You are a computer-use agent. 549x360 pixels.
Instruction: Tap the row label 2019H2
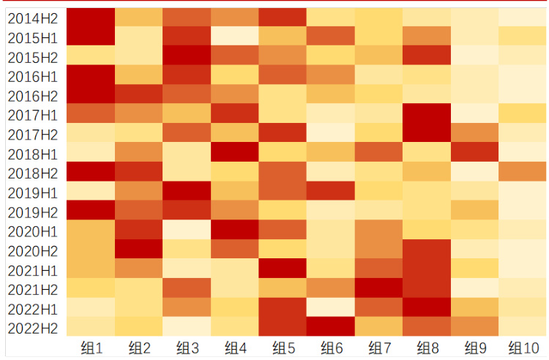tap(33, 211)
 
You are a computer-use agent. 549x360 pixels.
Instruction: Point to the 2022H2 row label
tap(33, 326)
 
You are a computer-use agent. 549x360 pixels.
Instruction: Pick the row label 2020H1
tap(33, 230)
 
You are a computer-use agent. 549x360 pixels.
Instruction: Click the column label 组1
tap(91, 347)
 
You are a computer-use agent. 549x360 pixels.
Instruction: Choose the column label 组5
tap(283, 347)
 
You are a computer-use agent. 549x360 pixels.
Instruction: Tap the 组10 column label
tap(522, 347)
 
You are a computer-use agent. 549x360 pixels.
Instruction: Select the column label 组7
tap(378, 347)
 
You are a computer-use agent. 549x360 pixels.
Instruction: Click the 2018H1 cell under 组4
tap(234, 152)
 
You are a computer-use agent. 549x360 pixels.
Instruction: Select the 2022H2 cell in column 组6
tap(330, 326)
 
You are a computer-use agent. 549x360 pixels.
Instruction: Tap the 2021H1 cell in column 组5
tap(283, 269)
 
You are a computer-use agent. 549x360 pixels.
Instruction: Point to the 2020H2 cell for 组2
tap(138, 249)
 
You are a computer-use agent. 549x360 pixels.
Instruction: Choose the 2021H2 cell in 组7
tap(378, 288)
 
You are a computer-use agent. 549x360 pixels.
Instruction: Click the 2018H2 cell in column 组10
tap(522, 171)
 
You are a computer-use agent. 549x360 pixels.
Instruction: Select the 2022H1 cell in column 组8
tap(426, 307)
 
